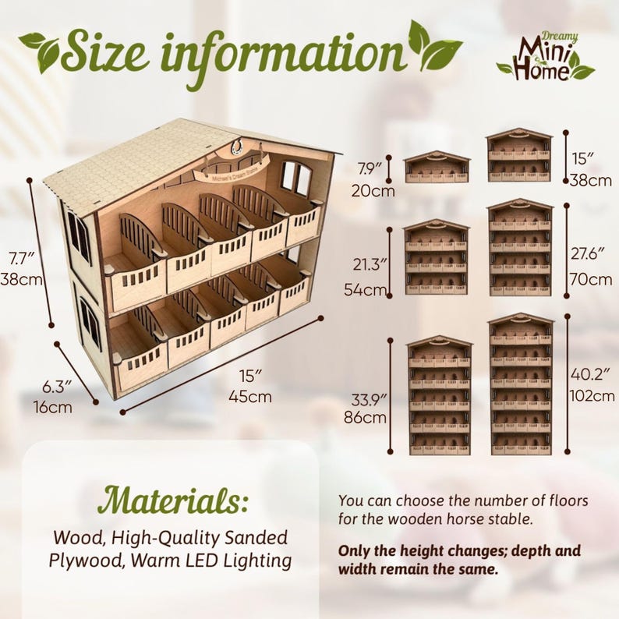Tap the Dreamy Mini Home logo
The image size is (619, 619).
(546, 57)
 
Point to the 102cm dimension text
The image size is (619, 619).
(592, 395)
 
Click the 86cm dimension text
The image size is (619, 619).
(365, 417)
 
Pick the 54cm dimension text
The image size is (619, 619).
(365, 290)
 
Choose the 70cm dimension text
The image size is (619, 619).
(591, 280)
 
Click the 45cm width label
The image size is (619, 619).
(250, 396)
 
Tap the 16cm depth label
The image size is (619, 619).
(52, 406)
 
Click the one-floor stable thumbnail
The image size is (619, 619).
(437, 166)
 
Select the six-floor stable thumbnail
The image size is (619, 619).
(521, 384)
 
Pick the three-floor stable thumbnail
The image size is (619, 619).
(437, 257)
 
